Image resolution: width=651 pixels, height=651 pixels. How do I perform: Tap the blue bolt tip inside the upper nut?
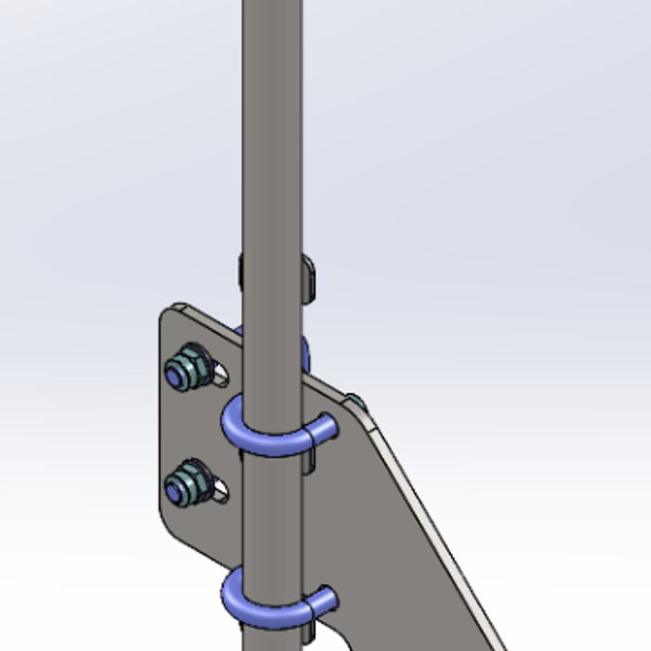(176, 374)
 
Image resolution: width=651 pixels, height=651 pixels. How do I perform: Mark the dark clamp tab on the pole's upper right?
(309, 276)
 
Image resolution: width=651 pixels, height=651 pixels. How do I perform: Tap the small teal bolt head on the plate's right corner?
(355, 402)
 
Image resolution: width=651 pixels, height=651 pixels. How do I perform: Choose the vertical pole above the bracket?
(272, 121)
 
